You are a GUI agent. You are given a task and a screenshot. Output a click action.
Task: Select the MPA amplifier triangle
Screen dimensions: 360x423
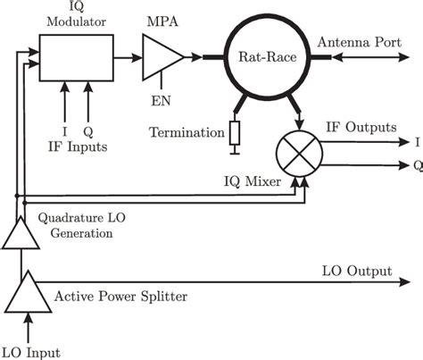click(x=162, y=56)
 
